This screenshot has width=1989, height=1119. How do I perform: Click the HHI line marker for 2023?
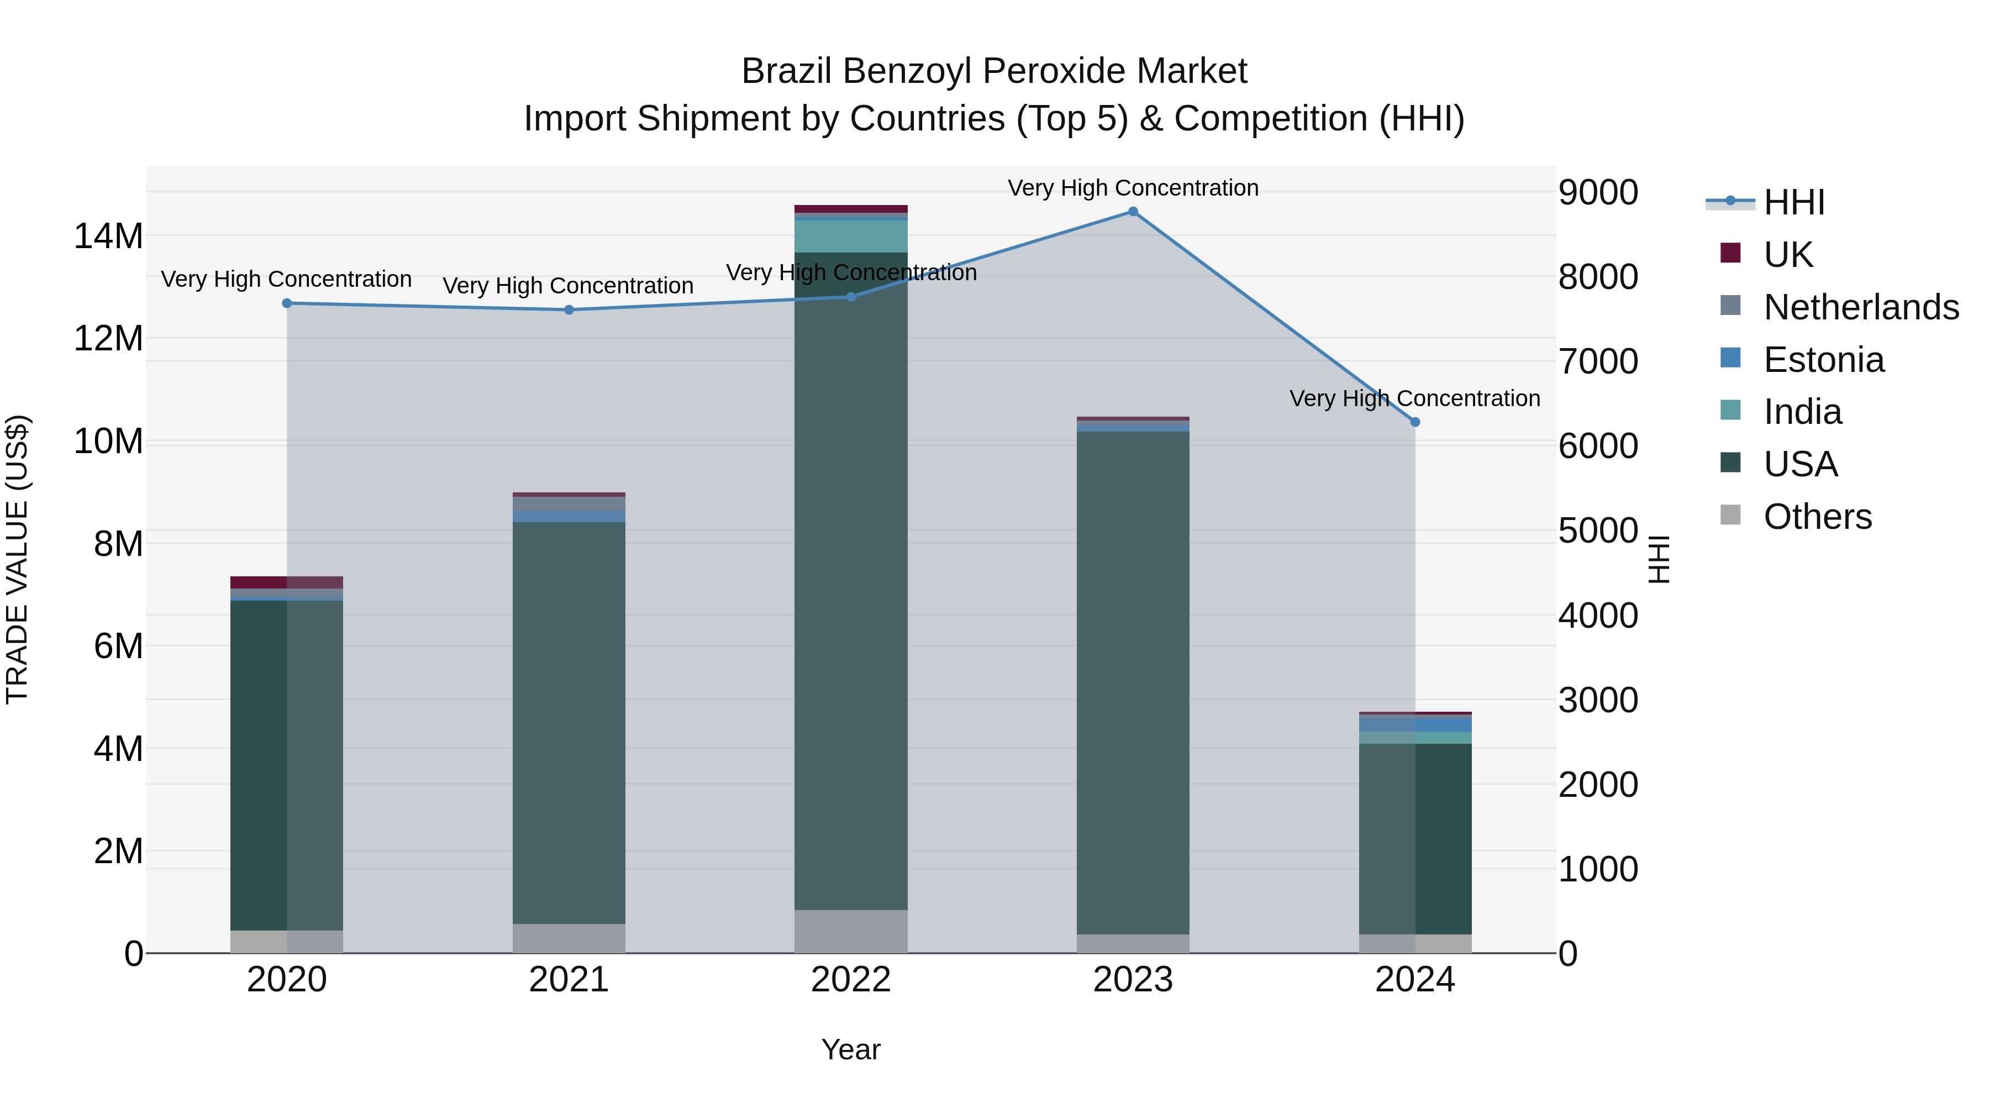(1133, 212)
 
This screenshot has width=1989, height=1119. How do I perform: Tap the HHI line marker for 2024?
(1414, 422)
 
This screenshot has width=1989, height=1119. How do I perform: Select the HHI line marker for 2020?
(286, 303)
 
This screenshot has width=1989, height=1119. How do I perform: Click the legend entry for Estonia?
(1823, 360)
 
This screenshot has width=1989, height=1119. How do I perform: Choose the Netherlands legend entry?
(1861, 307)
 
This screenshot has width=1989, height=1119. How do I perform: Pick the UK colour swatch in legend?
(1730, 253)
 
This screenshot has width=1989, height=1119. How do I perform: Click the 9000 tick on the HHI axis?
(1597, 192)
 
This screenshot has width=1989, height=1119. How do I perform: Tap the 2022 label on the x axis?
(851, 980)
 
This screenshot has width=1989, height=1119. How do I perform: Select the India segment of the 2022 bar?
(851, 237)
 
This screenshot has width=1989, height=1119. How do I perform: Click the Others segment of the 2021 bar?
(569, 938)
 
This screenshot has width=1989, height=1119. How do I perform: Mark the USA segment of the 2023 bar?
(1133, 680)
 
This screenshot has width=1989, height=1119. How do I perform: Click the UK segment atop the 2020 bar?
(286, 582)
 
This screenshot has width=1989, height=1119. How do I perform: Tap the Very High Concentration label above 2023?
(1133, 188)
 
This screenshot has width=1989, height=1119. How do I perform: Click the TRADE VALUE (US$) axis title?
(17, 559)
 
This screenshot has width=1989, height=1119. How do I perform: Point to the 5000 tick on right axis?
(1597, 531)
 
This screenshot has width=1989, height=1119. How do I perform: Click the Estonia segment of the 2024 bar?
(1414, 725)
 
